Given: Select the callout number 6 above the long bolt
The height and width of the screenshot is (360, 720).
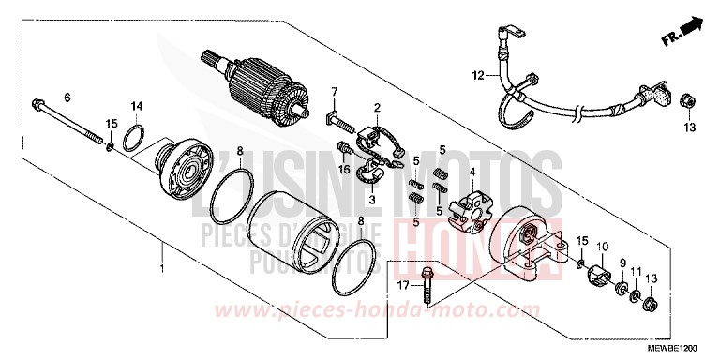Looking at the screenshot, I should (x=67, y=97).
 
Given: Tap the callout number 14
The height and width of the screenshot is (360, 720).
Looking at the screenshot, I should (x=136, y=105).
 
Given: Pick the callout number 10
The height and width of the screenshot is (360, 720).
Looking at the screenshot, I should (x=599, y=247).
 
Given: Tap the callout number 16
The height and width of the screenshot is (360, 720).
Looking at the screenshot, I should (x=345, y=170).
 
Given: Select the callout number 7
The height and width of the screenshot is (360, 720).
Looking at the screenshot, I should (x=333, y=90).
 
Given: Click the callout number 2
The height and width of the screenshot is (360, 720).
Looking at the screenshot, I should (x=377, y=109).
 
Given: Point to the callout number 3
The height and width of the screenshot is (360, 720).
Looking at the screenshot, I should (x=372, y=199).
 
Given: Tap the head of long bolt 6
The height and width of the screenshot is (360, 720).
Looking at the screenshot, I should (x=37, y=100).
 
